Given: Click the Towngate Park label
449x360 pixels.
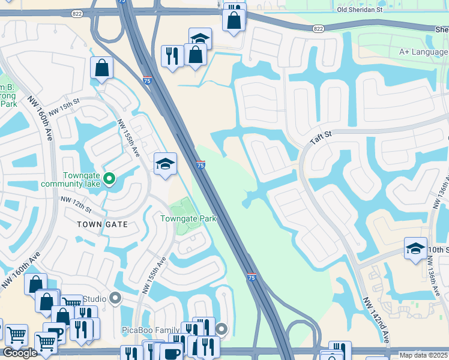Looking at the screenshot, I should point(188,219).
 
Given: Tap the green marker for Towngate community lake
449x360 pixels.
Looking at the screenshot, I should point(109,178).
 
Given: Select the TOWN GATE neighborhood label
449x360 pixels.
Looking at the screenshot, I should point(102,224).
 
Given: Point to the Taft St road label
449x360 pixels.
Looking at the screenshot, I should point(321,139).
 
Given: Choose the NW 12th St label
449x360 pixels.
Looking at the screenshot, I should point(76,205).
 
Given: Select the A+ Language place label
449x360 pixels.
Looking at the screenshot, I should point(423,52).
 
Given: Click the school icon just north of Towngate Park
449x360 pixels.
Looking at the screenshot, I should point(165,163).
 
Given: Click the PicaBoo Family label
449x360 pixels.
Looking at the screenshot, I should point(151,330).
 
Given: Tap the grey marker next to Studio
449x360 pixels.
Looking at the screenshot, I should point(116,298).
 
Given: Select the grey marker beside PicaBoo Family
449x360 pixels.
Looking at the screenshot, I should point(222,328).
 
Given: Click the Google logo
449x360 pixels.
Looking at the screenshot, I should point(20,353).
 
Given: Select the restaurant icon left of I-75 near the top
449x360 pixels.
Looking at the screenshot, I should point(172,56).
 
